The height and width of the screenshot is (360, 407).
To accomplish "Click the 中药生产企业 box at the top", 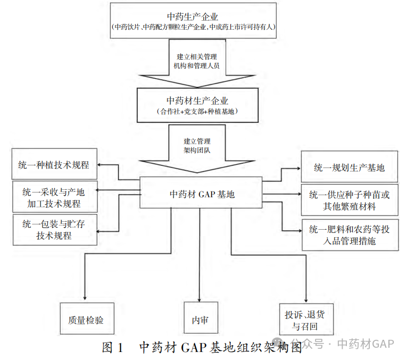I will (x=194, y=20).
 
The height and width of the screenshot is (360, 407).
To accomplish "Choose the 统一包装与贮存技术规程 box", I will (x=53, y=230).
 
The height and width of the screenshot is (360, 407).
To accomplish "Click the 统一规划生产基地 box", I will (x=349, y=168).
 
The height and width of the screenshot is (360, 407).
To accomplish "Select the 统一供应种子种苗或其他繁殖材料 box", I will (x=349, y=200).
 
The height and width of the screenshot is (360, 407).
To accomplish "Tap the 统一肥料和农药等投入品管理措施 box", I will (x=349, y=235).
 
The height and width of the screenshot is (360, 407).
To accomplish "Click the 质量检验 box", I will (x=86, y=320).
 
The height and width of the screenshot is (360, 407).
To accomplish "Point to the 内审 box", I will (x=201, y=320).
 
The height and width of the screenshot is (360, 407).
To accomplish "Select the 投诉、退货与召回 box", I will (x=305, y=319).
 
